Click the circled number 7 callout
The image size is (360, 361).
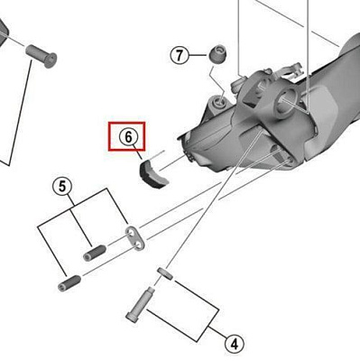click(180, 56)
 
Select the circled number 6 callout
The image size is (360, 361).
click(129, 136)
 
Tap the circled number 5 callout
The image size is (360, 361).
click(62, 187)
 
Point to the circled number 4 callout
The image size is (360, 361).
click(233, 343)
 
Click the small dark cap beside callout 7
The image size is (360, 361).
click(217, 53)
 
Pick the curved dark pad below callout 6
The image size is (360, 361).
click(150, 171)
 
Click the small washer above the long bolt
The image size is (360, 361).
click(164, 271)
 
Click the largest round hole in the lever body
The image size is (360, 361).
click(291, 98)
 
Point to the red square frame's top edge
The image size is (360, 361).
click(129, 122)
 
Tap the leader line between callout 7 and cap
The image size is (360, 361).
click(198, 56)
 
